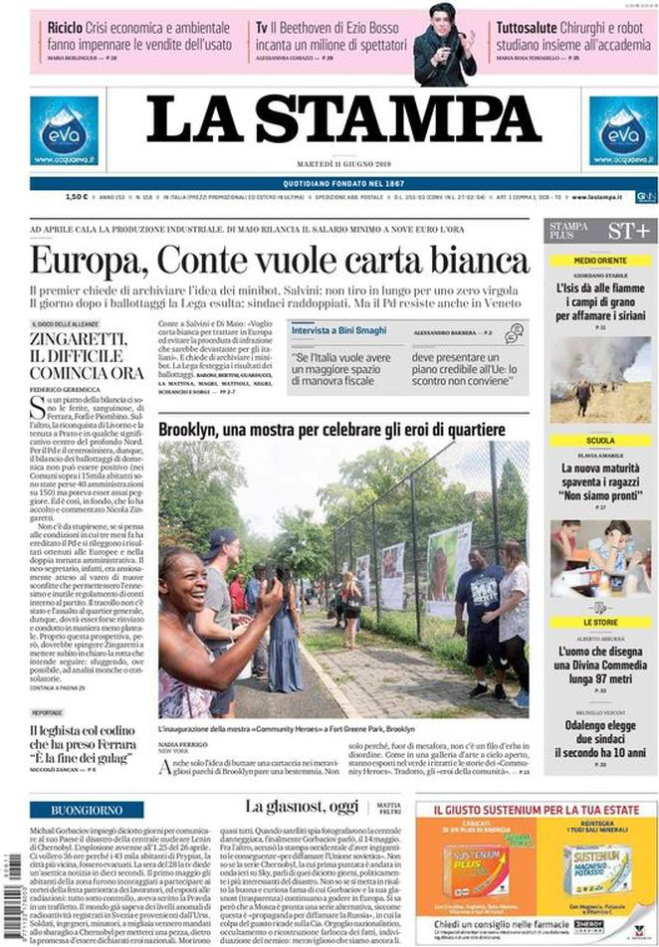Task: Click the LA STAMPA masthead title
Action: click(343, 121)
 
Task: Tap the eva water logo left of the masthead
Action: click(64, 130)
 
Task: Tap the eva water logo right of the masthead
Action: click(622, 130)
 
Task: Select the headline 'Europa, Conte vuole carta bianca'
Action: click(280, 261)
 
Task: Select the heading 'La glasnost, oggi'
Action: click(304, 807)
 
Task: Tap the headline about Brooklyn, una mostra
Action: click(331, 430)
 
